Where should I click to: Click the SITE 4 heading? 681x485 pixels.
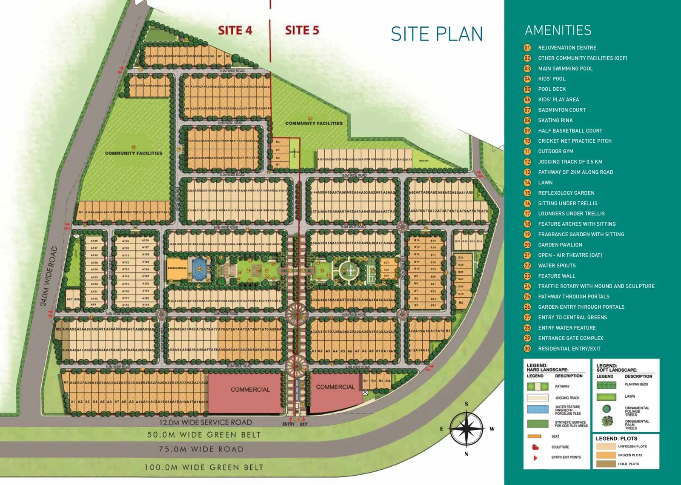pos(235,30)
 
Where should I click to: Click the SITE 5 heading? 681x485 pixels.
pos(302,30)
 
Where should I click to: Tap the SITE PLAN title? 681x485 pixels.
pos(437,34)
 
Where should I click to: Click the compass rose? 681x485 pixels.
pos(466,429)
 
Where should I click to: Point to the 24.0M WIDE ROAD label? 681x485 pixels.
pos(49,276)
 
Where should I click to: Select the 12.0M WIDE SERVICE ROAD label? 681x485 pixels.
pos(205,422)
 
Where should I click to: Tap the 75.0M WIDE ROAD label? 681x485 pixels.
pos(201,449)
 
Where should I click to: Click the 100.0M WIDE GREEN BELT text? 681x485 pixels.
pos(203,467)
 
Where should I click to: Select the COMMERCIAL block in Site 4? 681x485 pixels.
pos(250,390)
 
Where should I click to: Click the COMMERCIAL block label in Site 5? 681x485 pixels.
pos(335,387)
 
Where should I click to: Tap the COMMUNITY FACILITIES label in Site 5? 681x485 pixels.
pos(314,123)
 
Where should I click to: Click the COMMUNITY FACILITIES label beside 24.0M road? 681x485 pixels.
pos(134,153)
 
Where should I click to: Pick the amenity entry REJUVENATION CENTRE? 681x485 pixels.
pos(567,48)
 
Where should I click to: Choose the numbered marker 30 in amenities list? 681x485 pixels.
pos(527,348)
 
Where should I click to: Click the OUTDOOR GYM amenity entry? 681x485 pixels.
pos(555,151)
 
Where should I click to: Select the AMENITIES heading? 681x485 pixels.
pos(558,30)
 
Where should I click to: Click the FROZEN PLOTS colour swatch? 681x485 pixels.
pos(606,455)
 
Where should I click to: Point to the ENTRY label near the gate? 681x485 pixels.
pos(288,424)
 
